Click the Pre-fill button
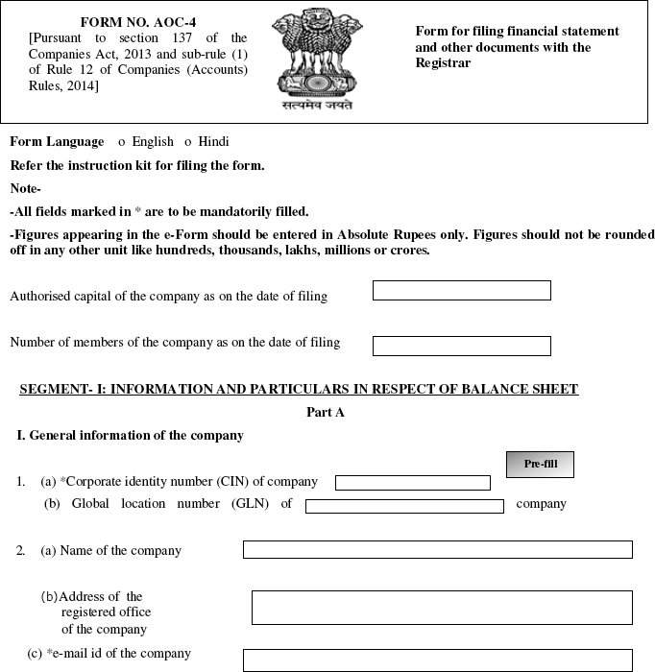coord(540,464)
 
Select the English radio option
coord(122,141)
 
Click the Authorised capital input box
coord(461,290)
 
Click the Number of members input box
coord(461,346)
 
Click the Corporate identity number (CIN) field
coord(412,482)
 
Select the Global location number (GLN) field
coord(404,505)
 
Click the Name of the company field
coord(437,549)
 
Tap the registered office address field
coord(442,608)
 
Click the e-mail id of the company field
coord(437,660)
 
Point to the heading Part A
coord(325,412)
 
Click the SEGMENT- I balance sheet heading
coord(299,389)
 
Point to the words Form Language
coord(57,141)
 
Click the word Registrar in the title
coord(443,62)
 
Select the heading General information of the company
coord(131,435)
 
